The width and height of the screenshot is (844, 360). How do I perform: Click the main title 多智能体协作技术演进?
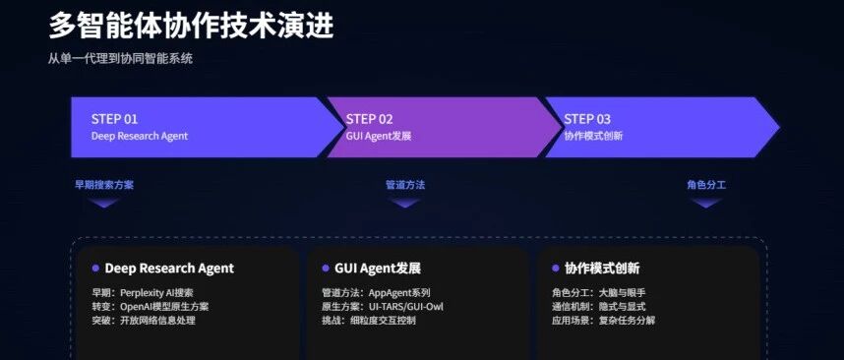point(191,26)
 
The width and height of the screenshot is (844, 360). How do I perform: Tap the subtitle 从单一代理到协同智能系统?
point(121,59)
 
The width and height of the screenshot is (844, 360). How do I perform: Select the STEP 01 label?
point(115,119)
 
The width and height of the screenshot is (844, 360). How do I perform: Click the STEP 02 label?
point(369,119)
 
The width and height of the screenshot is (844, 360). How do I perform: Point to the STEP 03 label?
point(587,119)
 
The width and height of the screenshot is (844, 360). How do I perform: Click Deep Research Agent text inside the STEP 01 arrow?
point(140,136)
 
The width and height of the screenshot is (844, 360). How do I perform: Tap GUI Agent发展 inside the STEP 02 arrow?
point(379,136)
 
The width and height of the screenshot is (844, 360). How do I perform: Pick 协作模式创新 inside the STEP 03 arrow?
point(593,136)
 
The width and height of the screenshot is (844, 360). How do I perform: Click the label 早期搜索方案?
point(104,185)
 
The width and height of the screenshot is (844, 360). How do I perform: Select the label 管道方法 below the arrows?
point(405,185)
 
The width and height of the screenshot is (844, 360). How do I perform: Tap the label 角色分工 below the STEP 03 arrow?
point(706,185)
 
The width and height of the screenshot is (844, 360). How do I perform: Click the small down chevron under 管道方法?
point(404,203)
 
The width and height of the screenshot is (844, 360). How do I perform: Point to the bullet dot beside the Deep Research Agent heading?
point(95,268)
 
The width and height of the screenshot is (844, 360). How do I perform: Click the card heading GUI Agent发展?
point(378,268)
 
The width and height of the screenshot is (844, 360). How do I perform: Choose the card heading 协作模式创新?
point(602,268)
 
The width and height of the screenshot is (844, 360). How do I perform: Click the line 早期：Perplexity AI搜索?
point(143,293)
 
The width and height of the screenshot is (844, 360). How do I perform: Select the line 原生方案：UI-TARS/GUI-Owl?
point(383,307)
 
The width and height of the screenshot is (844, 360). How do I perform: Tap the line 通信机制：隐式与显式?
point(598,307)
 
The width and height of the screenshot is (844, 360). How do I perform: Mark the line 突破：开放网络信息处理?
point(144,321)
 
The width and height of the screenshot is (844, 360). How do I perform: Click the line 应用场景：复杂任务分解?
point(603,321)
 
